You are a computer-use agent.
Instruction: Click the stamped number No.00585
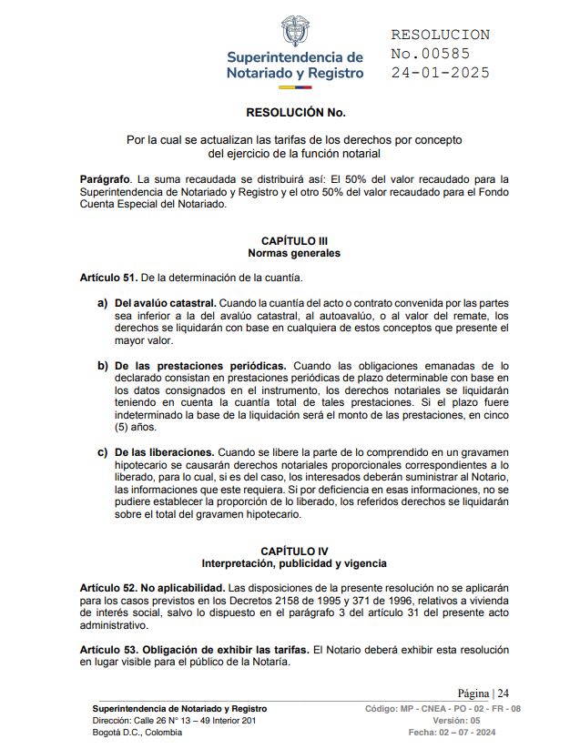pyautogui.click(x=431, y=54)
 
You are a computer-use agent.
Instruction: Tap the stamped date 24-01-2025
pyautogui.click(x=441, y=73)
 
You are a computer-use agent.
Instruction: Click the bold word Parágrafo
pyautogui.click(x=106, y=179)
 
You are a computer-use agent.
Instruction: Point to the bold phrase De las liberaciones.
pyautogui.click(x=165, y=451)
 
